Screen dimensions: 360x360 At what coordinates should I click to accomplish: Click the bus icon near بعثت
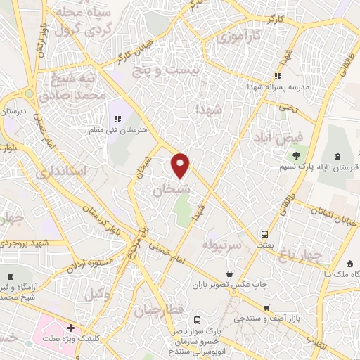point(264,233)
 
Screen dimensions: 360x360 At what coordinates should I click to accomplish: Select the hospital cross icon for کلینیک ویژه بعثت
point(71,328)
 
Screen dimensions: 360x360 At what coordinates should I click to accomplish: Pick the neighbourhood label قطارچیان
point(163,309)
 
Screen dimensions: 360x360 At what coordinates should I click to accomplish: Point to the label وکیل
point(99,296)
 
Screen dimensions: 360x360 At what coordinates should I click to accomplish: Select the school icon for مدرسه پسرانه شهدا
point(278,75)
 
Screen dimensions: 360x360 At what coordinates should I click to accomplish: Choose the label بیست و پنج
point(178,70)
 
